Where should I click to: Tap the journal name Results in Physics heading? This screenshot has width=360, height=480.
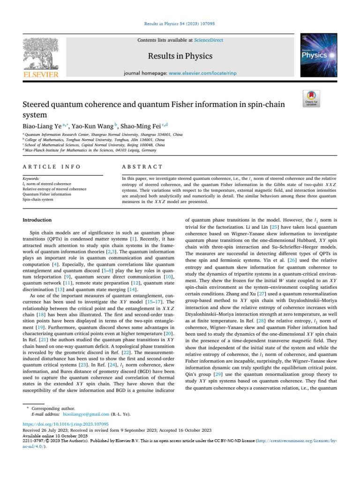coord(180,56)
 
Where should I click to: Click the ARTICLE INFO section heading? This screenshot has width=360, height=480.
coord(52,167)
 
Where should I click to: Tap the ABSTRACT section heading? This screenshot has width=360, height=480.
coord(142,167)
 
